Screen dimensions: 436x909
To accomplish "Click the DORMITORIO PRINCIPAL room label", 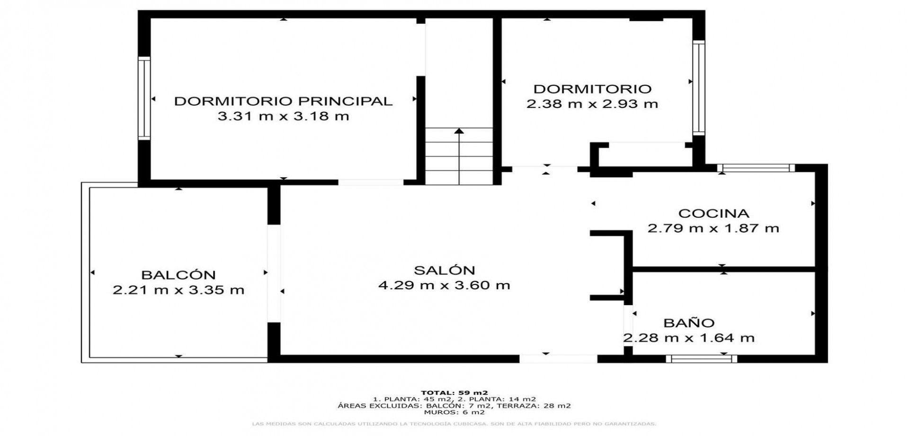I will point(283,101).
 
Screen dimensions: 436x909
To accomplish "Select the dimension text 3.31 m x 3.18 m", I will point(283,116).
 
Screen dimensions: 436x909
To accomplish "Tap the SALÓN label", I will point(444,270).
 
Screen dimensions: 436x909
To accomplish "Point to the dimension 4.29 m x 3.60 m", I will point(444,285).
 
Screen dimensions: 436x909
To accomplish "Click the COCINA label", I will point(713,213).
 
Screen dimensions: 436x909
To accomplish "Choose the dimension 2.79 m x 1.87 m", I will point(713,228).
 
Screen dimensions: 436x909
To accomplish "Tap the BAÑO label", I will point(688,323).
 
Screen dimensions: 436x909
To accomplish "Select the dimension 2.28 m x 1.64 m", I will point(688,338).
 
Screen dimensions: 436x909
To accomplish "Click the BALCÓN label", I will point(178,275).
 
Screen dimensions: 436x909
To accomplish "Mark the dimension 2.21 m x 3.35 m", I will point(178,290).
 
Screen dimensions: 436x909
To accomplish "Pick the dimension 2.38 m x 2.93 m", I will point(592,104).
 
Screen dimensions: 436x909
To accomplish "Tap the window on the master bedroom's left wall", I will point(144,98).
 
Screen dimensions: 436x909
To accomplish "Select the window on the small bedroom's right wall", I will point(698,88).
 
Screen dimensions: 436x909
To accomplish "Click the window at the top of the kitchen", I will point(756,168).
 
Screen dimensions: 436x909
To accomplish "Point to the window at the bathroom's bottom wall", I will point(701,359).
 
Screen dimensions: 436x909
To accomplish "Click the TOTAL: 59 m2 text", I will point(454,392).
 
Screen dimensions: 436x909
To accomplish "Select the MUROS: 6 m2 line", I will point(454,412).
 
